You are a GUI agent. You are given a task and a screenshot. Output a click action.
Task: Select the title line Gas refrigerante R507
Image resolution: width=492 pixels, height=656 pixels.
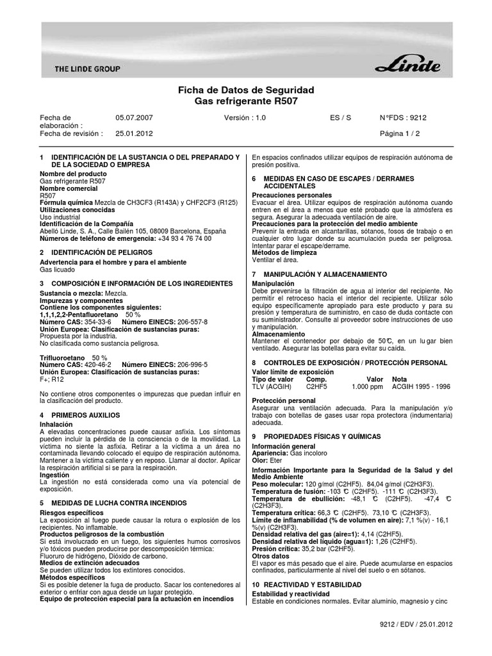pos(245,101)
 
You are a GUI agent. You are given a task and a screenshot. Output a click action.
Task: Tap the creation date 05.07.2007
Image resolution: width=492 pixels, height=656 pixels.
pos(135,119)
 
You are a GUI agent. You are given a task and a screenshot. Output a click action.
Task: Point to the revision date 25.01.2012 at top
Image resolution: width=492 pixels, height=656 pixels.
pos(135,134)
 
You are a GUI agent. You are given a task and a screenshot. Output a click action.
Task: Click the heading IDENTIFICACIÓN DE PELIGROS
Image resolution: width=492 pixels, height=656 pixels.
pos(101,253)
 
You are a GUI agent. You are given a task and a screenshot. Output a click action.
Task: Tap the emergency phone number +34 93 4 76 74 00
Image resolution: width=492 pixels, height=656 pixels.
pos(185,238)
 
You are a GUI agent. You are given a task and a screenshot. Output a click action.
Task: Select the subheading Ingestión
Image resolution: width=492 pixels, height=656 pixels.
pos(55,475)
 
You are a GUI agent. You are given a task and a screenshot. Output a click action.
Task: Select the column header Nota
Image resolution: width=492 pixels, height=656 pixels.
pos(399,379)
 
